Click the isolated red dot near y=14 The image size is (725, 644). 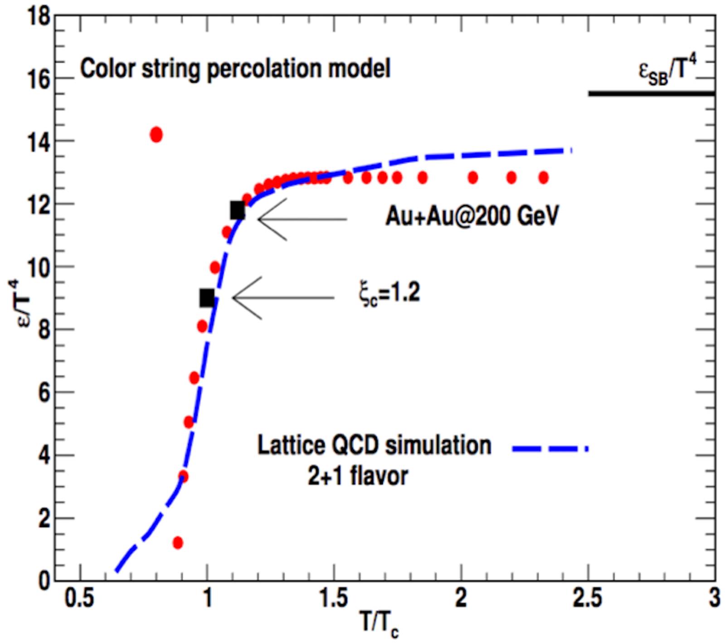click(x=156, y=135)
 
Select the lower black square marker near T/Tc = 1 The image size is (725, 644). click(x=207, y=298)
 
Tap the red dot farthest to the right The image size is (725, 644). click(x=544, y=177)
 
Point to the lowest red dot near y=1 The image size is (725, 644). click(x=178, y=542)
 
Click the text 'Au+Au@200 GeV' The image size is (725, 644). click(x=472, y=216)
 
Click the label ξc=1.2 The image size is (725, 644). click(x=389, y=294)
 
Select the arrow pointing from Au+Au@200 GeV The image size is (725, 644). click(x=302, y=219)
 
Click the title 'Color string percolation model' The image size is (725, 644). click(x=235, y=69)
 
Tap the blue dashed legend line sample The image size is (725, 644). click(x=550, y=448)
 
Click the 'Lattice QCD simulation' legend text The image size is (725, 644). click(x=374, y=445)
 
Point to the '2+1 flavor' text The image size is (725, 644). click(x=358, y=476)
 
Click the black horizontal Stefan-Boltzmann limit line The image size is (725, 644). click(x=651, y=93)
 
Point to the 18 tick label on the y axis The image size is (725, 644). click(x=38, y=17)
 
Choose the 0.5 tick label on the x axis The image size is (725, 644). click(x=80, y=599)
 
